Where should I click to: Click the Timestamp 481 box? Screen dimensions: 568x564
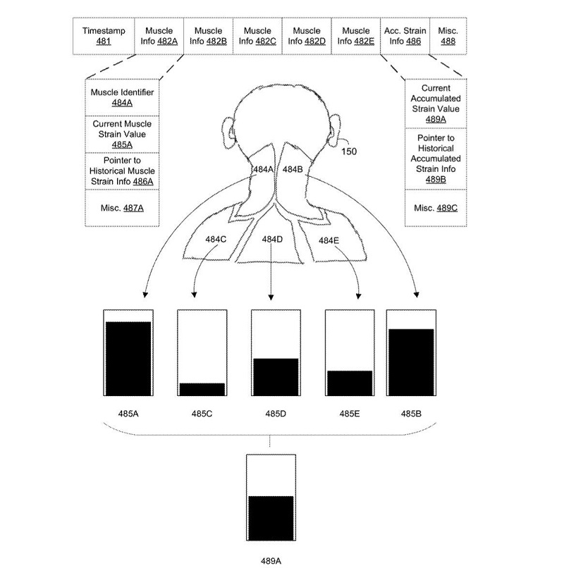(98, 36)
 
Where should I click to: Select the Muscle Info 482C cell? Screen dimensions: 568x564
(257, 36)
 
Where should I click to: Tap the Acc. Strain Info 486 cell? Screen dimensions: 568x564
(405, 36)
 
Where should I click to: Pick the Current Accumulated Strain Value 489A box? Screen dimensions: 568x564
(441, 104)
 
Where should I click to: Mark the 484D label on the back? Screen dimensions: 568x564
(272, 239)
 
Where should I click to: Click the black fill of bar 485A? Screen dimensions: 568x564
(128, 358)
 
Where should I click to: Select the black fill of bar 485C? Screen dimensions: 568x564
(202, 389)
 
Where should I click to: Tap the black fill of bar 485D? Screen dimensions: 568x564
(276, 377)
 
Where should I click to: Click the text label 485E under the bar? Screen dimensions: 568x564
(349, 414)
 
